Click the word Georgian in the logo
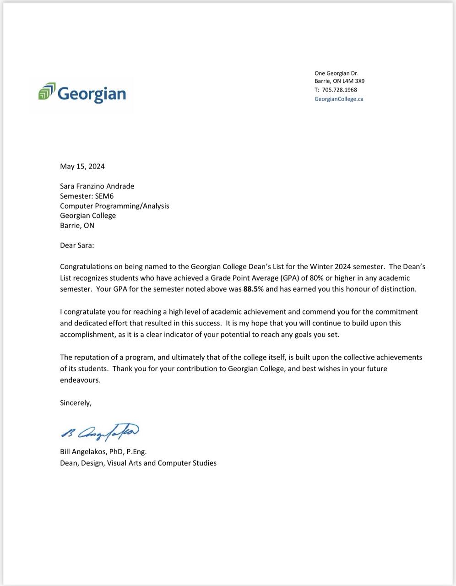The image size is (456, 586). (x=92, y=93)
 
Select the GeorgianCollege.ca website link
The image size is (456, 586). (x=339, y=99)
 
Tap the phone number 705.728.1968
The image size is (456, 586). (x=340, y=90)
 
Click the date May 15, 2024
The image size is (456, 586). (x=82, y=166)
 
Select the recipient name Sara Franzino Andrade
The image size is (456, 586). (x=97, y=186)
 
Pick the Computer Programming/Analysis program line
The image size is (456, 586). (x=114, y=206)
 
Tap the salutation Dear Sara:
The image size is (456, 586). (x=77, y=245)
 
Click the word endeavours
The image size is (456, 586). (x=80, y=380)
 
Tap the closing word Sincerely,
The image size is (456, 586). (x=76, y=403)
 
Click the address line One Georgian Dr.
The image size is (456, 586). (x=337, y=73)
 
